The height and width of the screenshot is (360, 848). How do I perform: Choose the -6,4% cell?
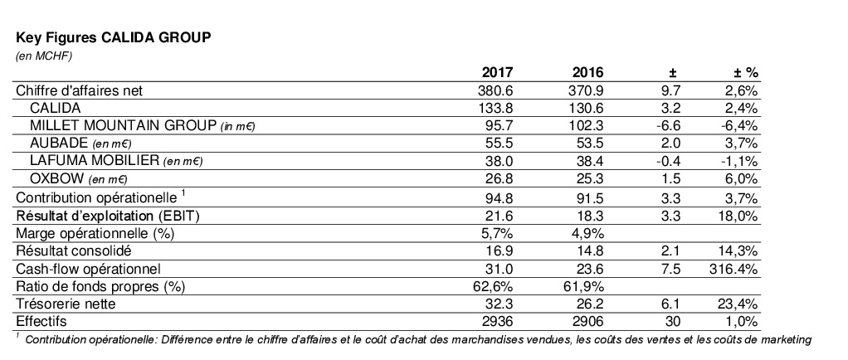pos(740,125)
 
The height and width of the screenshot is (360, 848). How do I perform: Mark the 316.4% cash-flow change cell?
pos(736,268)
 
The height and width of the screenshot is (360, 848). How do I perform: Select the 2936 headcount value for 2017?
pos(495,321)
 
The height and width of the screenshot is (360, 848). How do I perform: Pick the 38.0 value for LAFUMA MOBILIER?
pos(496,161)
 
